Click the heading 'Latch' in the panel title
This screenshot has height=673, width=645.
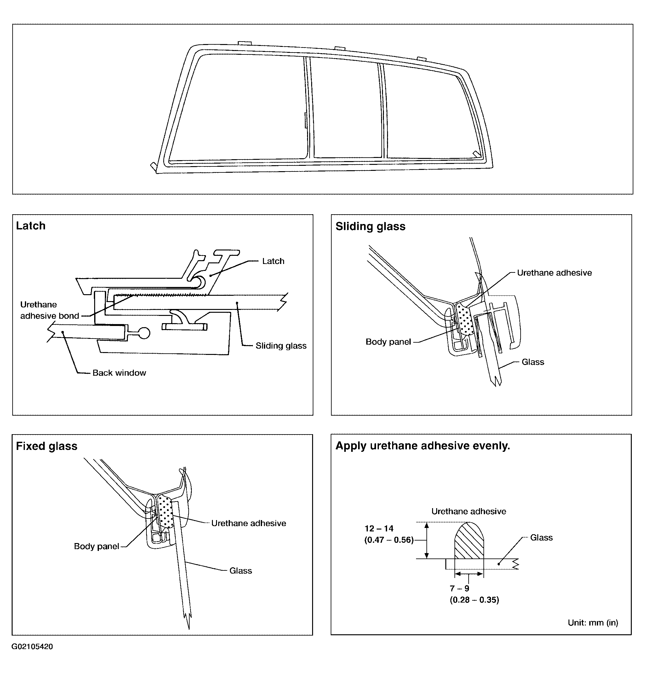coord(31,226)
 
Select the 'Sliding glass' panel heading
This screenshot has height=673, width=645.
coord(370,226)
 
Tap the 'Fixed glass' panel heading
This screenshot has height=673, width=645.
coord(46,446)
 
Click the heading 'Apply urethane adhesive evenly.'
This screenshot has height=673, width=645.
coord(422,446)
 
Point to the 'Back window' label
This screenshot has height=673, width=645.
coord(119,373)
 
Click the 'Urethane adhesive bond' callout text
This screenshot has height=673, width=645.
coord(49,310)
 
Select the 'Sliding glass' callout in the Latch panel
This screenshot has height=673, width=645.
coord(281,346)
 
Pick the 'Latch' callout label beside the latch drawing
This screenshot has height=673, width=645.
coord(273,261)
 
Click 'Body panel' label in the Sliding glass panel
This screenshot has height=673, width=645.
coord(388,342)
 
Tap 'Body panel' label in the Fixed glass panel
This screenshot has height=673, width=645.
coord(97,546)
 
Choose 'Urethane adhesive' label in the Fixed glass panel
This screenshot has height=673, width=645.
coord(248,523)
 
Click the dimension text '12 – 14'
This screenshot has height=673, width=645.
coord(379,529)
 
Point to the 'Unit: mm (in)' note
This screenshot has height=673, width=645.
coord(593,623)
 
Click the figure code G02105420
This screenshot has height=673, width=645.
coord(32,647)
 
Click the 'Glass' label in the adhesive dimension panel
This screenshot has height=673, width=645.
coord(541,537)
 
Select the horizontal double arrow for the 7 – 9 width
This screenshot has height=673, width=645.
coord(469,574)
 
